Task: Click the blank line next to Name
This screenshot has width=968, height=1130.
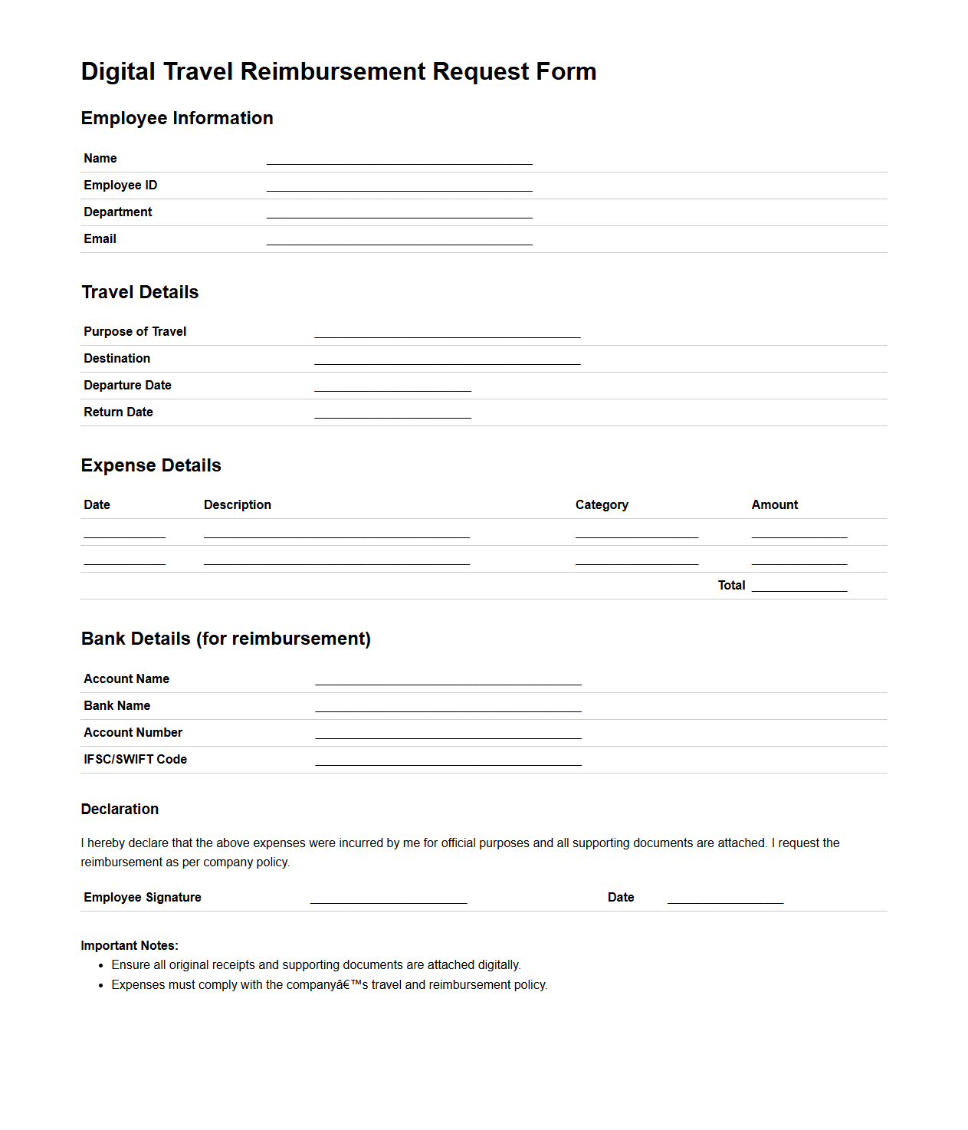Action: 399,159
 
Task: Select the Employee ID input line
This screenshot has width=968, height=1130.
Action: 399,186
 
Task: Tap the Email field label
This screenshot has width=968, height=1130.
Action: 100,239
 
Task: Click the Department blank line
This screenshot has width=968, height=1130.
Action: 399,212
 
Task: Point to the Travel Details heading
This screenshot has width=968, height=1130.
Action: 140,292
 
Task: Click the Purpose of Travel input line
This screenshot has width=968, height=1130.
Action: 448,332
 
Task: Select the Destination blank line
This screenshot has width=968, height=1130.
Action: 448,359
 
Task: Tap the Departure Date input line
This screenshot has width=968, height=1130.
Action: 392,386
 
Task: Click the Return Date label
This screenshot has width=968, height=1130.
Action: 118,412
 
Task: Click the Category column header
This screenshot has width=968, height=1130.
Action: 602,505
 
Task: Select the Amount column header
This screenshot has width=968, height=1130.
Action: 774,505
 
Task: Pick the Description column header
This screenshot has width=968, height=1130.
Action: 238,505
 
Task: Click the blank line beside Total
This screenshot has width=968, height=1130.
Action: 799,586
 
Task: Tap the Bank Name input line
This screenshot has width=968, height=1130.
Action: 448,706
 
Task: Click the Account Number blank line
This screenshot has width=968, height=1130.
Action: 448,733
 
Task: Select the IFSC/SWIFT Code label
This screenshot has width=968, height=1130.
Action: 135,760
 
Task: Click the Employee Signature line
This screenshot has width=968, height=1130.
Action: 389,898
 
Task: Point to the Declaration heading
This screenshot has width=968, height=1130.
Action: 120,810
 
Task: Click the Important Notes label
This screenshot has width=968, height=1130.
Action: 130,946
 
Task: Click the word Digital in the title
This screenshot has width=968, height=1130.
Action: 118,71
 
